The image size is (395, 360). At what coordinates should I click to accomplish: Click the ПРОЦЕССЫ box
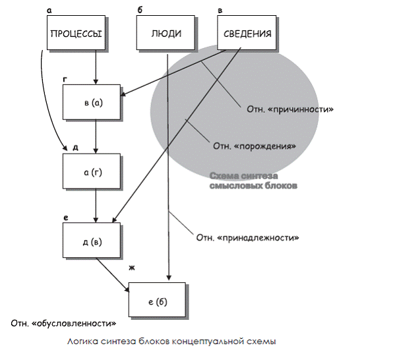pyautogui.click(x=76, y=32)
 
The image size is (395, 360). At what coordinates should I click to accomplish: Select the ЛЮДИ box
pyautogui.click(x=166, y=32)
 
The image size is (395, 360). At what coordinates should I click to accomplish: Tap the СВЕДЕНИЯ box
pyautogui.click(x=247, y=32)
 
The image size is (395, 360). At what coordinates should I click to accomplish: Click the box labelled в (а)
pyautogui.click(x=92, y=102)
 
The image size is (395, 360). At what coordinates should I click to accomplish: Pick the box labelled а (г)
pyautogui.click(x=92, y=171)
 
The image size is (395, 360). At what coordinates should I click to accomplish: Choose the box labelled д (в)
pyautogui.click(x=92, y=241)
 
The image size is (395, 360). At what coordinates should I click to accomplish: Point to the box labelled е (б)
pyautogui.click(x=157, y=299)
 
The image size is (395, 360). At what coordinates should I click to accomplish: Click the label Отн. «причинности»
pyautogui.click(x=290, y=109)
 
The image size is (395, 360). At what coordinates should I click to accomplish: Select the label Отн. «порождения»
pyautogui.click(x=255, y=146)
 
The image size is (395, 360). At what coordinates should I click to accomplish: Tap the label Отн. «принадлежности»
pyautogui.click(x=248, y=237)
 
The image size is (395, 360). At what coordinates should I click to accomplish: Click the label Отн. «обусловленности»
pyautogui.click(x=63, y=323)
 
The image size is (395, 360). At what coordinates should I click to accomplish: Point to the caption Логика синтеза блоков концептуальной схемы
pyautogui.click(x=171, y=342)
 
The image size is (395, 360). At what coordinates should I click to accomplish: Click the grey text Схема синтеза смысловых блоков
pyautogui.click(x=253, y=181)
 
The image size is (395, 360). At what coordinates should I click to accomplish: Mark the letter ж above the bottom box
pyautogui.click(x=132, y=268)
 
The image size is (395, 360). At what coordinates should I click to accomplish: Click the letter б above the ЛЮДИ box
pyautogui.click(x=140, y=10)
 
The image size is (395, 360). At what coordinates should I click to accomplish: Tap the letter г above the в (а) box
pyautogui.click(x=65, y=79)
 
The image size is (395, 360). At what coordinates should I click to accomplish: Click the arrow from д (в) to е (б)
pyautogui.click(x=113, y=275)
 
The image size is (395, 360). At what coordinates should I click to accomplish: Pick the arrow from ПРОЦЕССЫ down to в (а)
pyautogui.click(x=96, y=67)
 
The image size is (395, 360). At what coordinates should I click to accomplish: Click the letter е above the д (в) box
pyautogui.click(x=65, y=218)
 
